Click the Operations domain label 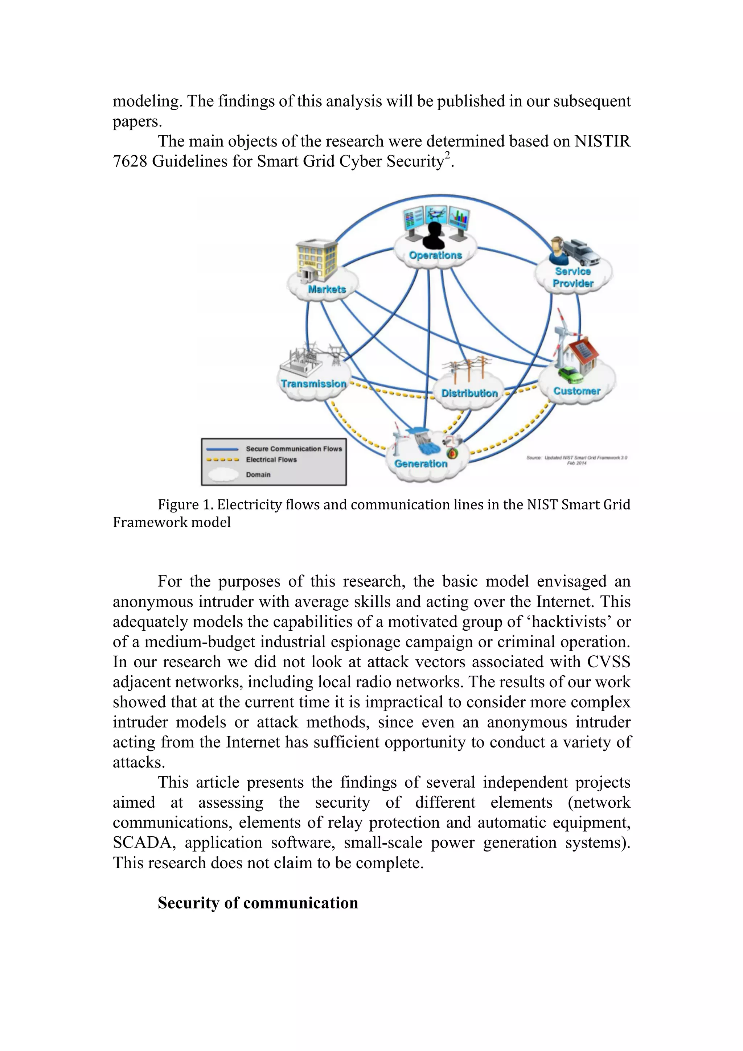click(435, 255)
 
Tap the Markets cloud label click(327, 289)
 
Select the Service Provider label click(573, 277)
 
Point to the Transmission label click(313, 384)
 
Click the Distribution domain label click(469, 393)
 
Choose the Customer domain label click(576, 391)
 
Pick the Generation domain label click(421, 464)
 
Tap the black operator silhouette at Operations click(434, 236)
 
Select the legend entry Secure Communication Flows click(293, 449)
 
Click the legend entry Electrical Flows click(271, 459)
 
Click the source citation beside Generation click(576, 460)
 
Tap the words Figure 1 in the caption click(185, 504)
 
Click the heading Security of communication click(258, 903)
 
